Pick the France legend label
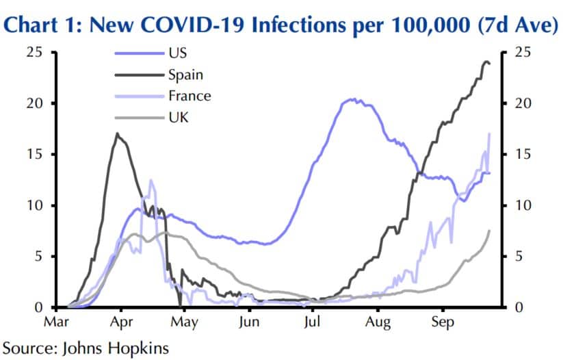[188, 96]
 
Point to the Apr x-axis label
[121, 322]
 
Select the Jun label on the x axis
[249, 322]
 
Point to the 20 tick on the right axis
[523, 103]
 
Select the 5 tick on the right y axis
[519, 257]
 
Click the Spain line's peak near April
[117, 133]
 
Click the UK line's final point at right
[490, 231]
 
